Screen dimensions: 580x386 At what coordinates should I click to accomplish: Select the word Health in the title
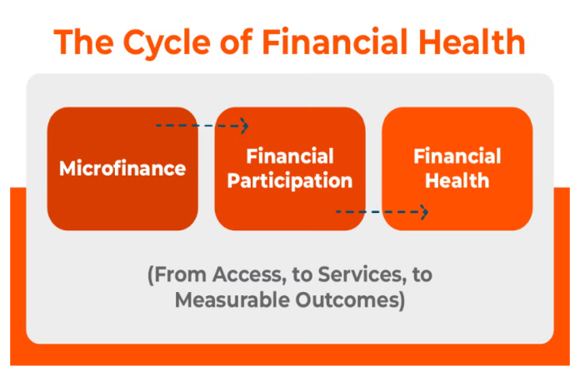(472, 42)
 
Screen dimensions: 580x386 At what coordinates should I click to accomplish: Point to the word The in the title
(83, 42)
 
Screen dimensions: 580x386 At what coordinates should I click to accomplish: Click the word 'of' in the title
(236, 42)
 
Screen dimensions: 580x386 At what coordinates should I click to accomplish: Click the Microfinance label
(122, 168)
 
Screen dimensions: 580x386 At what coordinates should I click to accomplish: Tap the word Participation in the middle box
(290, 181)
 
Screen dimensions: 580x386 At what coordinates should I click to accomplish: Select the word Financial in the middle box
(290, 156)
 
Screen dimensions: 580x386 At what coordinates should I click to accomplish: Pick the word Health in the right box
(457, 181)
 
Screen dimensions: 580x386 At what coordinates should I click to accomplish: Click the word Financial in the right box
(457, 156)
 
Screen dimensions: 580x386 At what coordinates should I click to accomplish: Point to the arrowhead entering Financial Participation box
(245, 126)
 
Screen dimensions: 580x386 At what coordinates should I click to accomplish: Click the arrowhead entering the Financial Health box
(425, 212)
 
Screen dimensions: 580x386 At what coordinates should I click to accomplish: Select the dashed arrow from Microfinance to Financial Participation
(202, 126)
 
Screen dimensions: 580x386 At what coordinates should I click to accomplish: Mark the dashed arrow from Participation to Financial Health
(382, 212)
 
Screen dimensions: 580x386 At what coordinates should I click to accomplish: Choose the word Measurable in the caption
(232, 299)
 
